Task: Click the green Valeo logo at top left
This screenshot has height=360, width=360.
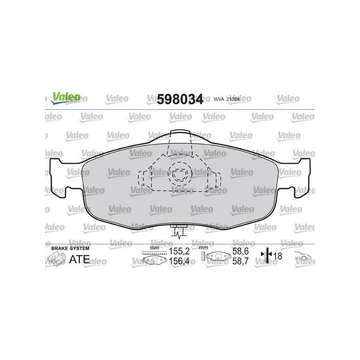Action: (x=66, y=98)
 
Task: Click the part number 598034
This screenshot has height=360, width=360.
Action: (x=180, y=99)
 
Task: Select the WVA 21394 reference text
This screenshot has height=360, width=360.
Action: (x=227, y=99)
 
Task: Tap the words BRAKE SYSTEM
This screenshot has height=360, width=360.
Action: (x=70, y=248)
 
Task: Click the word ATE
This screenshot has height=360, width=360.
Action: (x=80, y=260)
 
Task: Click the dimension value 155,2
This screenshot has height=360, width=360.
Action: (x=179, y=252)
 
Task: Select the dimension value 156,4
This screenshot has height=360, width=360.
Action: (x=179, y=261)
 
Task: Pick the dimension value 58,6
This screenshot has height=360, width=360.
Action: (x=240, y=252)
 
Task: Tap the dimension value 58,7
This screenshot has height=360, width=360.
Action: (x=240, y=261)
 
